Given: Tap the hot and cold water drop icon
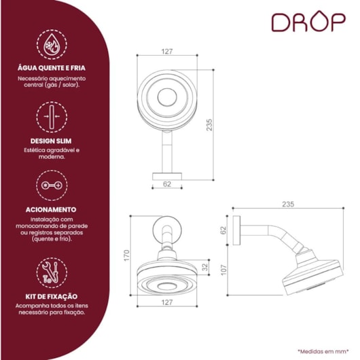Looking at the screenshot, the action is [52, 45].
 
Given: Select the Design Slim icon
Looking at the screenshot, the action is [52, 117].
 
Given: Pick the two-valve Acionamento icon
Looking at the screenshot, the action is [52, 185].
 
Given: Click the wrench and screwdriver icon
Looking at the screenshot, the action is [52, 273].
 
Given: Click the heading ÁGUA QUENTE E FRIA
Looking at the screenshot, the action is [52, 68].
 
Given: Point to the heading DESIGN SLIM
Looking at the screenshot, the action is [51, 141].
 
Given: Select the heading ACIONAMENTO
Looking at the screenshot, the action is [51, 210].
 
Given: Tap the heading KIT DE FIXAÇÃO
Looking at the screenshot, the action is [52, 296].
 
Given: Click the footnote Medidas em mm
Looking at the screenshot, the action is [323, 351].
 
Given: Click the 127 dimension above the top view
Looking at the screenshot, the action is [167, 52].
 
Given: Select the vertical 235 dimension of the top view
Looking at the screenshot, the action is [209, 125].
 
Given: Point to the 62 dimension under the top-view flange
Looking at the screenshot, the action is [167, 184].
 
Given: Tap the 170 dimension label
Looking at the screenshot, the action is [126, 255].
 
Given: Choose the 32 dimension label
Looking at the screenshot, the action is [204, 266].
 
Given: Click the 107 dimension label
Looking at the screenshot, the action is [223, 270].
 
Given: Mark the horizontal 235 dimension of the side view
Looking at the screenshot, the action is [288, 204].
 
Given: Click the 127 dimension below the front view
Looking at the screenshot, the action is [167, 302].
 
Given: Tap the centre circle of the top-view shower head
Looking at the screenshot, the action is [167, 97].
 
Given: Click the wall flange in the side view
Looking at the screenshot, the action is [236, 230].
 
